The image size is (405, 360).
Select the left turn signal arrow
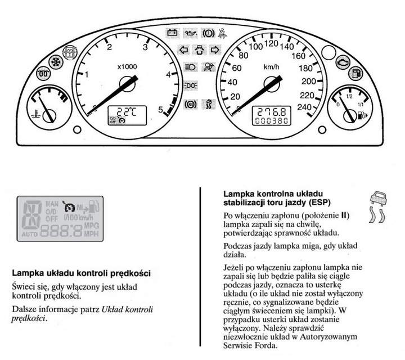[x=183, y=49]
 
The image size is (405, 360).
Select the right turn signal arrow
[x=213, y=49]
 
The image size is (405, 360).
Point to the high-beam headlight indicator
[x=190, y=67]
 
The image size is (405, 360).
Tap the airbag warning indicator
[x=209, y=67]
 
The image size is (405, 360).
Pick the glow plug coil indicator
[x=42, y=73]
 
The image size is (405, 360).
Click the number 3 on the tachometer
[x=145, y=47]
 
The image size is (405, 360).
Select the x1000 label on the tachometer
[x=127, y=66]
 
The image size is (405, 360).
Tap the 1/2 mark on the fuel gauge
[x=349, y=96]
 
